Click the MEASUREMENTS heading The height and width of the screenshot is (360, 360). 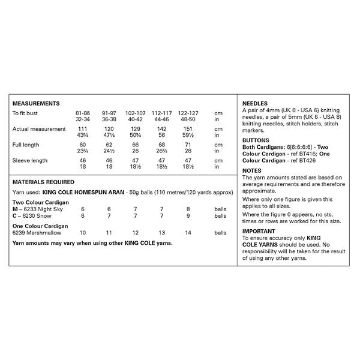(x=36, y=104)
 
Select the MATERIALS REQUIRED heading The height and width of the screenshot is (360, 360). (x=43, y=182)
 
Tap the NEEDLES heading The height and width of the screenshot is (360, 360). (x=255, y=103)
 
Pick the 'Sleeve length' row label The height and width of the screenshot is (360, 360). (x=30, y=161)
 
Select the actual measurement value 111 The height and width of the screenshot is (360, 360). (x=83, y=129)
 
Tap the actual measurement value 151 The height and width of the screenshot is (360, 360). (x=187, y=129)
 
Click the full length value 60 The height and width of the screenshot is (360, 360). (x=83, y=145)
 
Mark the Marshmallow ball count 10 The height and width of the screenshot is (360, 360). (x=83, y=232)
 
